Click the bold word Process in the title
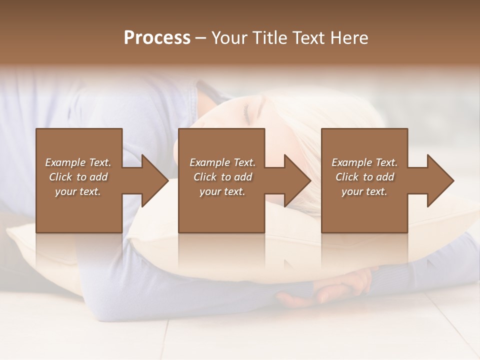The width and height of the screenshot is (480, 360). (157, 38)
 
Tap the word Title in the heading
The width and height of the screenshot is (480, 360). (267, 38)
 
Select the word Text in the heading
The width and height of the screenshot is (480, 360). (307, 38)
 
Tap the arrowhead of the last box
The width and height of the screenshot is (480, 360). (439, 180)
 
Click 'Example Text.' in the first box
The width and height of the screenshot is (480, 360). (78, 162)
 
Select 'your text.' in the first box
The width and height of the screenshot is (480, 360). (78, 191)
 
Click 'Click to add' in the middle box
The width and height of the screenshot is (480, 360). (223, 177)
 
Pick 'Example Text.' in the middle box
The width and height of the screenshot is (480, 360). (222, 162)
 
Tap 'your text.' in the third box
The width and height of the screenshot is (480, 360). (364, 191)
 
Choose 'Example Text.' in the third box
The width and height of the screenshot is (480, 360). (364, 162)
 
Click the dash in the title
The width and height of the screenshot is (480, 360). (201, 38)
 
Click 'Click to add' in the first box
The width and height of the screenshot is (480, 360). (78, 177)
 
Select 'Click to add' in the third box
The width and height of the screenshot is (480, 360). (365, 177)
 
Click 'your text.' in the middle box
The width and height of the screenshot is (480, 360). (222, 191)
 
